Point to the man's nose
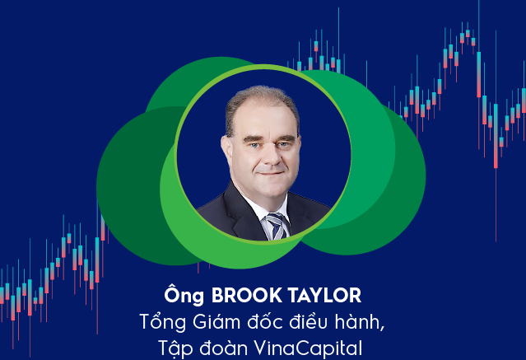point(266,151)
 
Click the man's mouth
point(268,170)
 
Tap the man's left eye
point(282,132)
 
